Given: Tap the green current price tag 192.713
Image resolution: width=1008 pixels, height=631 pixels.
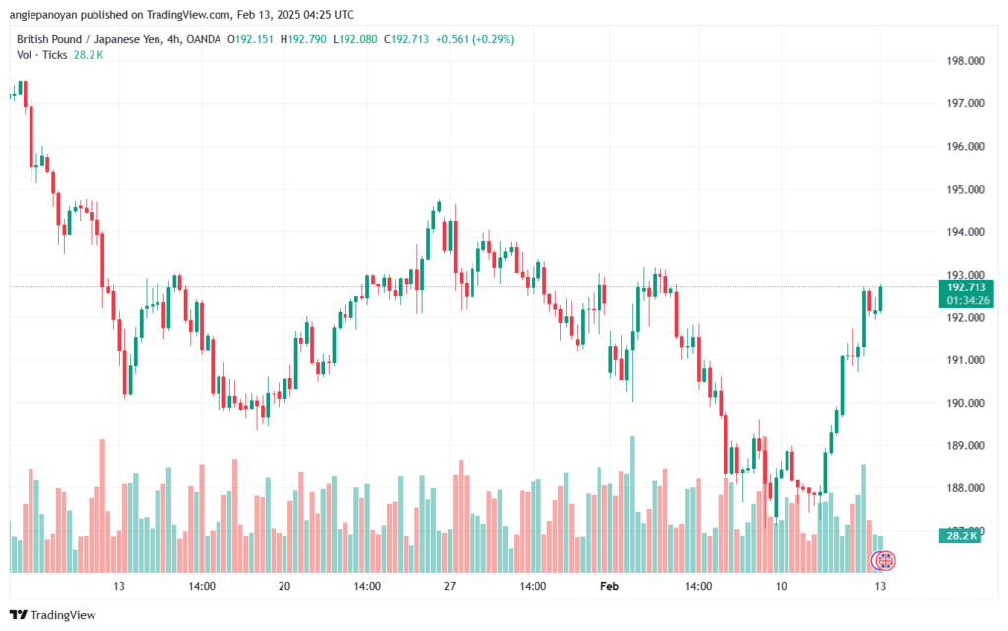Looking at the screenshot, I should click(968, 287).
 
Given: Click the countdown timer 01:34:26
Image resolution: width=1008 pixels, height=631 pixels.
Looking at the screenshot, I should click(968, 300).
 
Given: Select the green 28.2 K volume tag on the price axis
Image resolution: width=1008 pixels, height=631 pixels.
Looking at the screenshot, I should click(962, 535).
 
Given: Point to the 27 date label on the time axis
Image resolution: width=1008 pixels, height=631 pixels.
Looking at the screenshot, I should click(450, 586).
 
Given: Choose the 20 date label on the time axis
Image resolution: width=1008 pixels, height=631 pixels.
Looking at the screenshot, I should click(284, 586).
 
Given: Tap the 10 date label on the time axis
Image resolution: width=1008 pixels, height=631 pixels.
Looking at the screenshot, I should click(782, 586).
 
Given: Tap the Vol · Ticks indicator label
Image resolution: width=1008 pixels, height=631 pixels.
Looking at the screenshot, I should click(41, 55).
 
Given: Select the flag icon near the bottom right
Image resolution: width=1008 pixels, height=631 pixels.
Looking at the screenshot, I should click(884, 561).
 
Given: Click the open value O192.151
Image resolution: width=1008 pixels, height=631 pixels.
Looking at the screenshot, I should click(252, 39).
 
